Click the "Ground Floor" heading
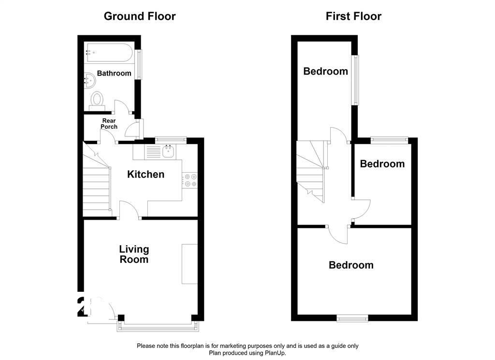pyautogui.click(x=140, y=16)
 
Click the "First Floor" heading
pyautogui.click(x=353, y=16)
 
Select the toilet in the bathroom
pyautogui.click(x=97, y=100)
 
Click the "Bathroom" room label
pyautogui.click(x=114, y=74)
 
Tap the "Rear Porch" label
pyautogui.click(x=109, y=124)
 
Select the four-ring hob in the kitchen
pyautogui.click(x=189, y=180)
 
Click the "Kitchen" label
pyautogui.click(x=146, y=174)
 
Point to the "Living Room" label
pyautogui.click(x=134, y=255)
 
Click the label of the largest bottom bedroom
pyautogui.click(x=351, y=265)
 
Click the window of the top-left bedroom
pyautogui.click(x=356, y=80)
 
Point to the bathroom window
pyautogui.click(x=139, y=64)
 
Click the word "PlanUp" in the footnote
pyautogui.click(x=274, y=353)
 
